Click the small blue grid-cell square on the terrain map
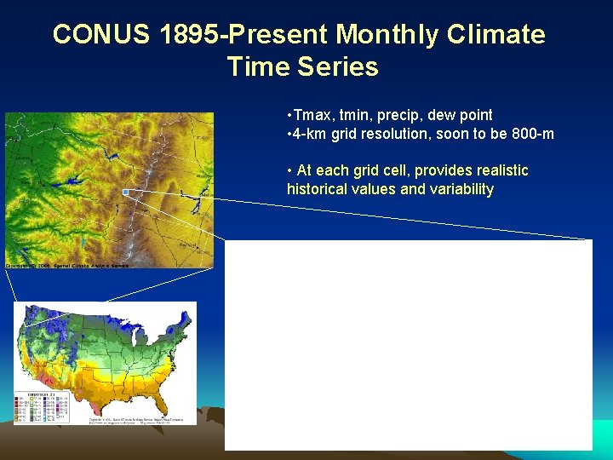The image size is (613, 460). point(125,193)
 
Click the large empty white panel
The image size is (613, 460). point(408,344)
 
